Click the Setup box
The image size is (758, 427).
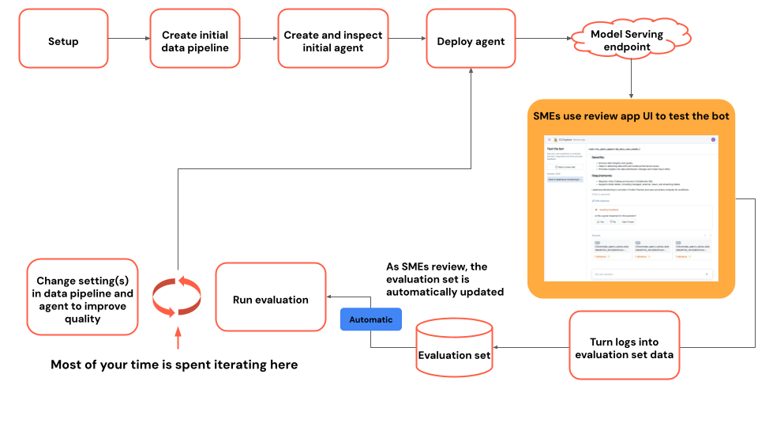tap(63, 41)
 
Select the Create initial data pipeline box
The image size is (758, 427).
tap(195, 41)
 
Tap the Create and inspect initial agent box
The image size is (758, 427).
tap(332, 41)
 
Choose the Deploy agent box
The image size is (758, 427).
tap(471, 41)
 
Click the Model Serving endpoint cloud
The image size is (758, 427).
tap(627, 40)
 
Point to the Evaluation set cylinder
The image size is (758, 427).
tap(454, 348)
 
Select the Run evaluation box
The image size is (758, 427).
tap(270, 300)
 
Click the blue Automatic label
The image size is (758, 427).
tap(370, 319)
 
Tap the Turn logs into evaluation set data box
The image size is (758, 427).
tap(624, 348)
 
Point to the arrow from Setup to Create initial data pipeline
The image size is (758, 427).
tap(129, 38)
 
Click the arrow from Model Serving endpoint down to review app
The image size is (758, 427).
tap(631, 80)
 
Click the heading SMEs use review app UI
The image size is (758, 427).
tap(631, 116)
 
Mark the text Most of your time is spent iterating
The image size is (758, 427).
tap(174, 365)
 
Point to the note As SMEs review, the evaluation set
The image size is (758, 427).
tap(445, 279)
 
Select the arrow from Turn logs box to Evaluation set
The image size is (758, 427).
tap(536, 348)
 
